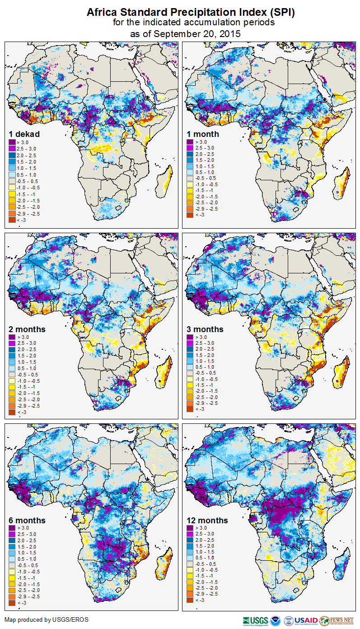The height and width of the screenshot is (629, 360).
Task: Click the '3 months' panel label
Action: pos(205,329)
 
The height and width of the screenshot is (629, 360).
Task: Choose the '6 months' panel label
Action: pos(27,521)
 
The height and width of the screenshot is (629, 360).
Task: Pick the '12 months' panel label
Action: pos(207,521)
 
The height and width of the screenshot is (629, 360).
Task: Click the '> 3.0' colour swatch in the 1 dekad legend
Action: pos(12,142)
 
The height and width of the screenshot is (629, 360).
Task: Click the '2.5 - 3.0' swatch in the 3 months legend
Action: pos(190,343)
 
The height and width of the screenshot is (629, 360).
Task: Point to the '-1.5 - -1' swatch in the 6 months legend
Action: pos(12,578)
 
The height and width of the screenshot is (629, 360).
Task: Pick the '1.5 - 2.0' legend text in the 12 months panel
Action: pos(205,547)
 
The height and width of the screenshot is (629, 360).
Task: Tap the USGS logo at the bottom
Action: pos(255,620)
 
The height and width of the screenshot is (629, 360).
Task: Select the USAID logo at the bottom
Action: pos(306,620)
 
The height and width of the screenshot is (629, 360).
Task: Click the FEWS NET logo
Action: pos(337,620)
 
